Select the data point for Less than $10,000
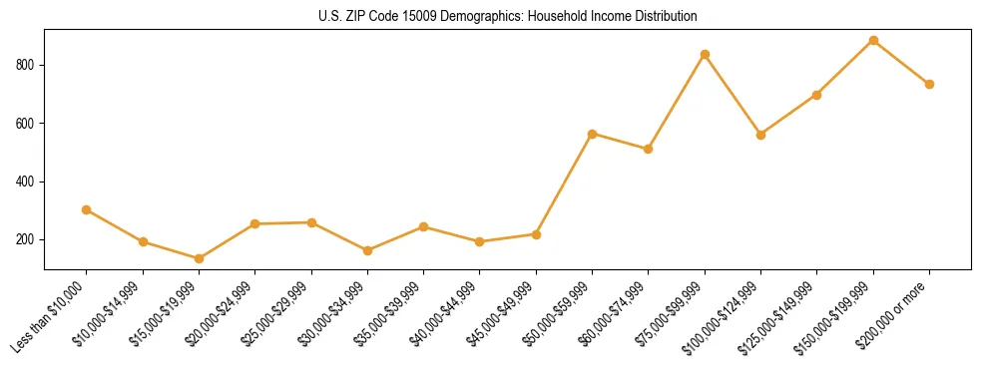point(87,209)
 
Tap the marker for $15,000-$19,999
point(199,258)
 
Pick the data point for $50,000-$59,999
point(593,134)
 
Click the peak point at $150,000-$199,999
point(873,41)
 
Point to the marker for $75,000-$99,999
point(705,54)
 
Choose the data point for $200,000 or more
point(929,84)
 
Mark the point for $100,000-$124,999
point(760,135)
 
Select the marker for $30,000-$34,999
point(367,250)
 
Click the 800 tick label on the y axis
point(28,65)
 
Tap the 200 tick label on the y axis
point(28,239)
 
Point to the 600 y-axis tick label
point(28,123)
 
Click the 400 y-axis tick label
point(28,182)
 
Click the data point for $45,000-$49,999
point(536,234)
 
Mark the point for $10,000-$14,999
point(143,241)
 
